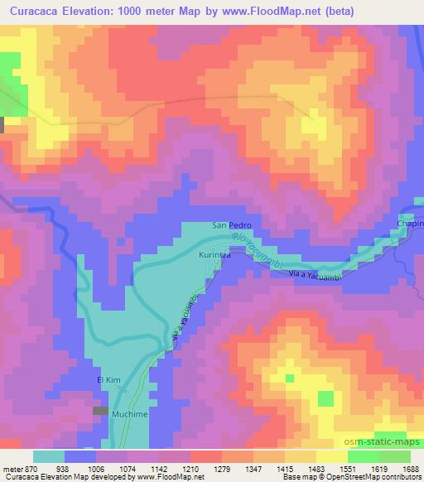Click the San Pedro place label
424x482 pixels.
pyautogui.click(x=231, y=225)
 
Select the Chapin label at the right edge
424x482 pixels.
pyautogui.click(x=410, y=224)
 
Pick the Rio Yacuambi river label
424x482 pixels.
pyautogui.click(x=259, y=249)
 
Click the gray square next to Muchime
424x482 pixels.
pyautogui.click(x=101, y=411)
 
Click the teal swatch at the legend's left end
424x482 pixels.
pyautogui.click(x=50, y=456)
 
